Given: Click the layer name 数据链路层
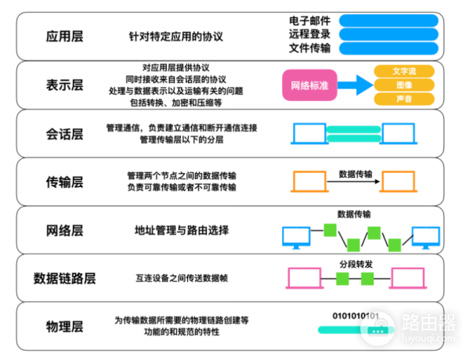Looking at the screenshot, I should tap(65, 278).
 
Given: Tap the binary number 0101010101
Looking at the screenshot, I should tap(356, 316).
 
